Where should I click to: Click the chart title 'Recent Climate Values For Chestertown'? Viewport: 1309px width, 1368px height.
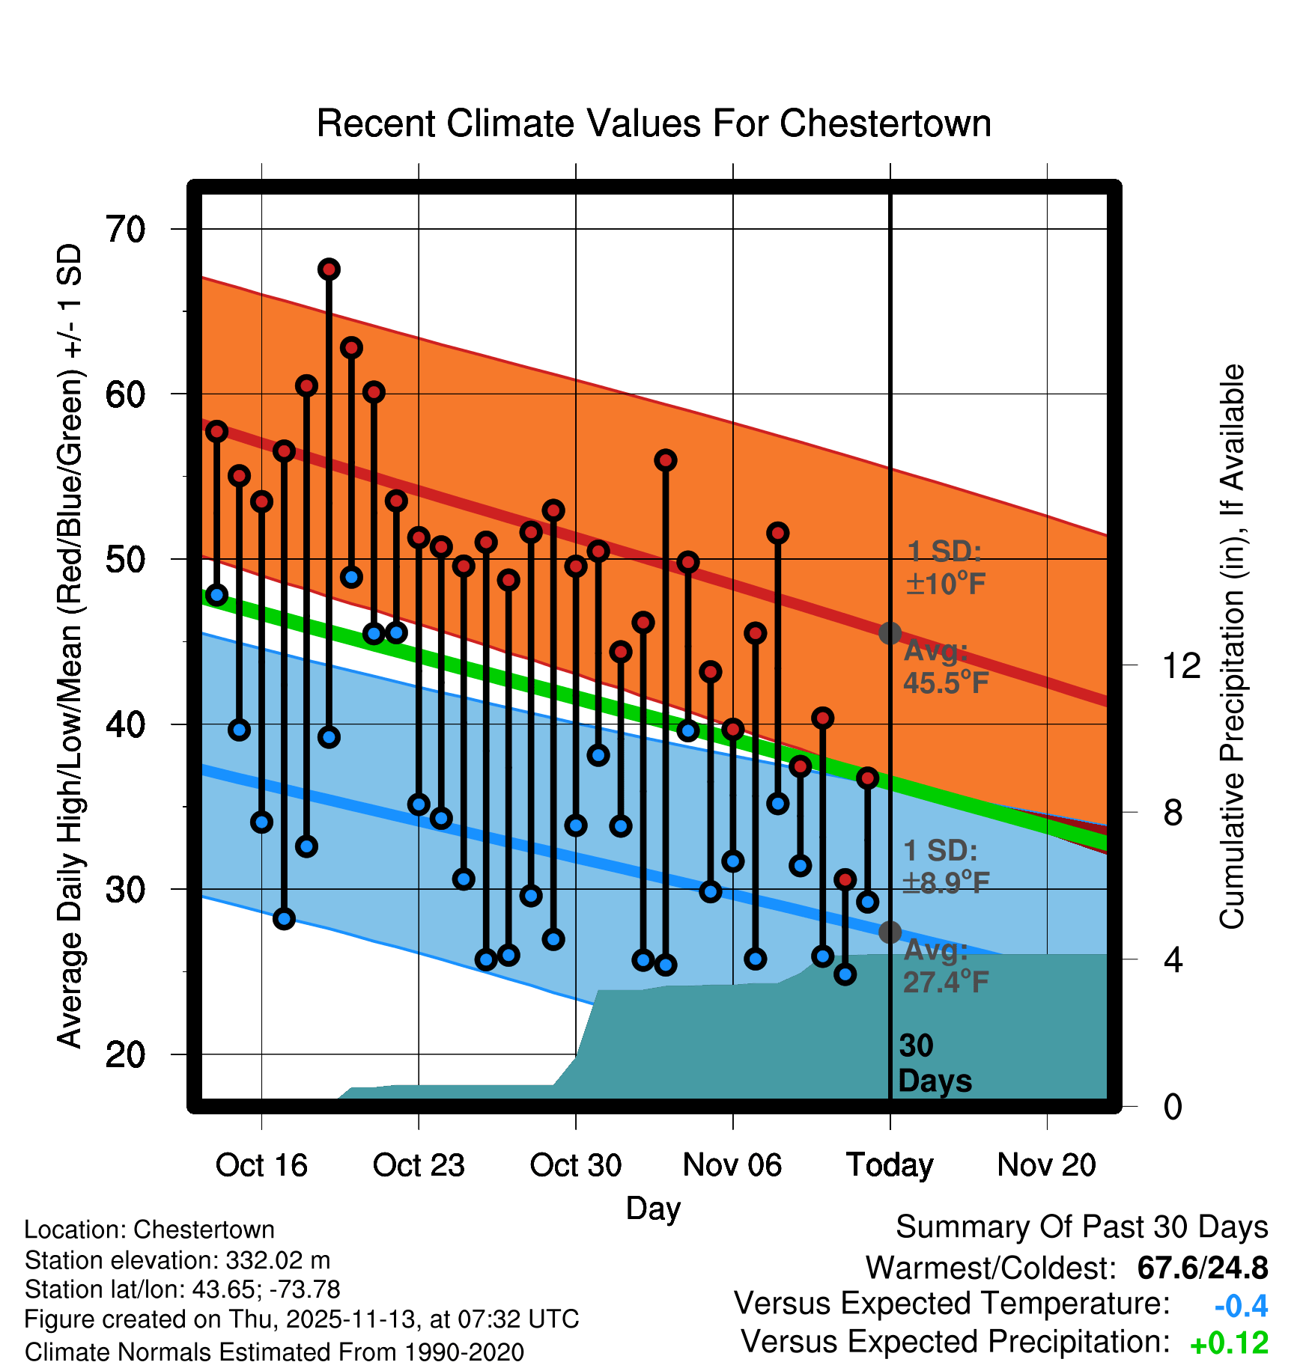(x=654, y=123)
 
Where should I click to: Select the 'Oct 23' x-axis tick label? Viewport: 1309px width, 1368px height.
(x=419, y=1165)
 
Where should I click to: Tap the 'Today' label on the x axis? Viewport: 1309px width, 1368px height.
(x=890, y=1165)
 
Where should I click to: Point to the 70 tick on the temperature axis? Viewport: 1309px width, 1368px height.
(x=125, y=229)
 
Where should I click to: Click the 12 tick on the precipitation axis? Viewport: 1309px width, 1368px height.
(x=1182, y=665)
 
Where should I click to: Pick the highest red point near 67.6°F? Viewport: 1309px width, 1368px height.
(x=329, y=269)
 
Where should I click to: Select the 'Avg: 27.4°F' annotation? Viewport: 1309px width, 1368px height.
(x=945, y=965)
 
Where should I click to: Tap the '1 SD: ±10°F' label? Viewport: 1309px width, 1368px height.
(x=945, y=567)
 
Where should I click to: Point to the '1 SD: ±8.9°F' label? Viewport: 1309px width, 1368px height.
(x=945, y=867)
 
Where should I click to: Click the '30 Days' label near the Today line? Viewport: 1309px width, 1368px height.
(x=934, y=1063)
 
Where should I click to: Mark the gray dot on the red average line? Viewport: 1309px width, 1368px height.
(x=890, y=633)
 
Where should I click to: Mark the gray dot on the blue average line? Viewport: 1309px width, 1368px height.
(x=890, y=932)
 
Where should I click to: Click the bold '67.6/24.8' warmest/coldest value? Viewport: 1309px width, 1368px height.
(x=1202, y=1268)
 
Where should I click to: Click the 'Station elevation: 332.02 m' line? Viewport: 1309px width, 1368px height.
(x=177, y=1260)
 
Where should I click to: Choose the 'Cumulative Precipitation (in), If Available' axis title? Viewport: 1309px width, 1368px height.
(x=1232, y=647)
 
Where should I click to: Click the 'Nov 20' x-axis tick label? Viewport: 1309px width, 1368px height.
(x=1046, y=1165)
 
